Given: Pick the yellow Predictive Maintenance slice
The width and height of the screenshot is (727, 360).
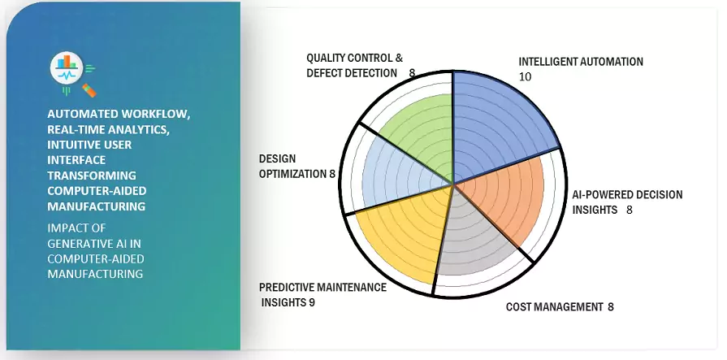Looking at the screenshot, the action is (x=404, y=232).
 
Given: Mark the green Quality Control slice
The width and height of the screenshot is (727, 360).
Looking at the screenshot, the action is (x=420, y=137).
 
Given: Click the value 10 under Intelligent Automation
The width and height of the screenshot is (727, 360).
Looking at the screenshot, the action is (x=526, y=77).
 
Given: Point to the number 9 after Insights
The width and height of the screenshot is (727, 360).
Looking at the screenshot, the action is (x=312, y=302).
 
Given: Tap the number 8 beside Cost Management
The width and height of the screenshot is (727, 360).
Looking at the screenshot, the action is (x=611, y=306).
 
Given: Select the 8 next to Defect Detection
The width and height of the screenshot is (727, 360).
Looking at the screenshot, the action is (x=412, y=73).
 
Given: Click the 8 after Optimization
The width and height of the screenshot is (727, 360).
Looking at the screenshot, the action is (x=332, y=174).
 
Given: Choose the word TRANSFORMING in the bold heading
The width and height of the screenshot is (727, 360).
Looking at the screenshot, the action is (x=92, y=176).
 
